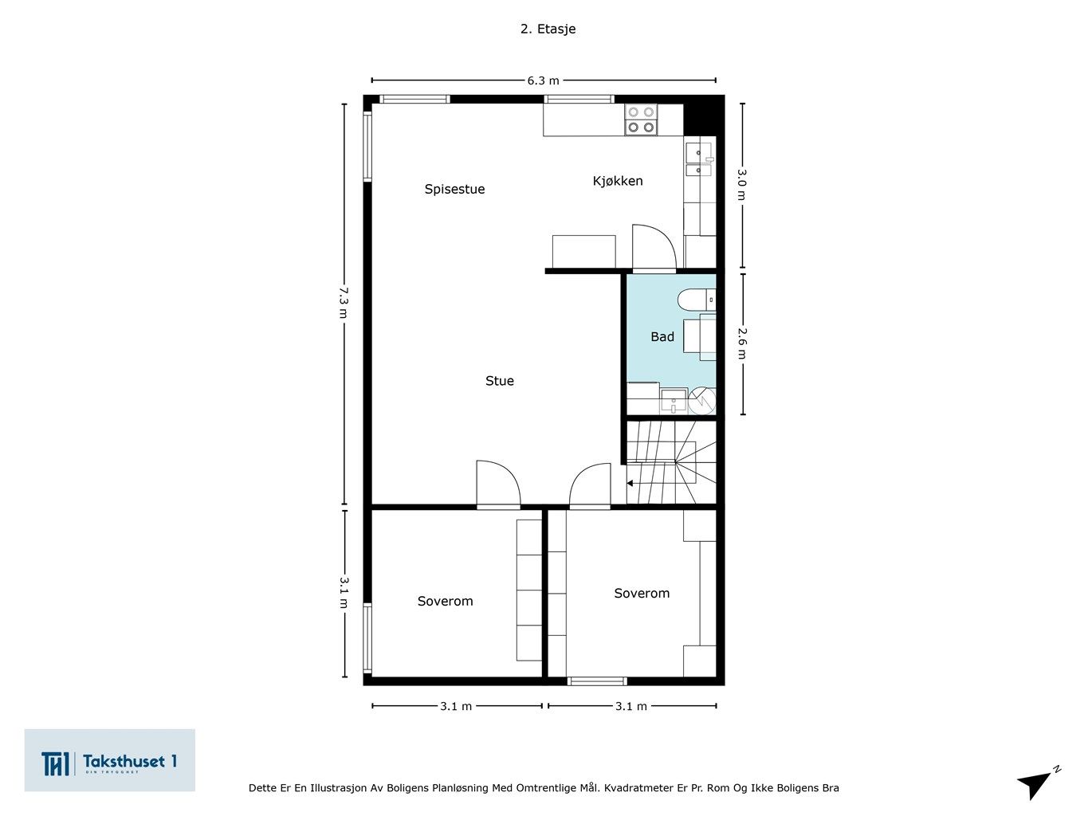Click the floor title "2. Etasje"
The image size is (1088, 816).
pos(548,29)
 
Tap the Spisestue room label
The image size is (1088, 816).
pos(454,190)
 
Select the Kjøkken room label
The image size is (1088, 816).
pos(618,181)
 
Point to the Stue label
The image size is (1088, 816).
pos(500,380)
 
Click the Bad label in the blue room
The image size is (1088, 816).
pos(662,337)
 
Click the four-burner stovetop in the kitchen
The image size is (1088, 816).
pos(641,120)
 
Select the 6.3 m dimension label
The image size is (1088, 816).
pos(544,80)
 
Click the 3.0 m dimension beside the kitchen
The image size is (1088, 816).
pos(741,184)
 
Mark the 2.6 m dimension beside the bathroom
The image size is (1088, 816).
pos(742,343)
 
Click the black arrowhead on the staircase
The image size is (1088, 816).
pos(630,483)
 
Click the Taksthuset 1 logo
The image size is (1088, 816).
pos(109,760)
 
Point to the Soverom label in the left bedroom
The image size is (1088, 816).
pos(445,601)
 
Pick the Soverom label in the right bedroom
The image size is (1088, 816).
pos(642,593)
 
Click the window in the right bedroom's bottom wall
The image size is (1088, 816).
pos(597,681)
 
